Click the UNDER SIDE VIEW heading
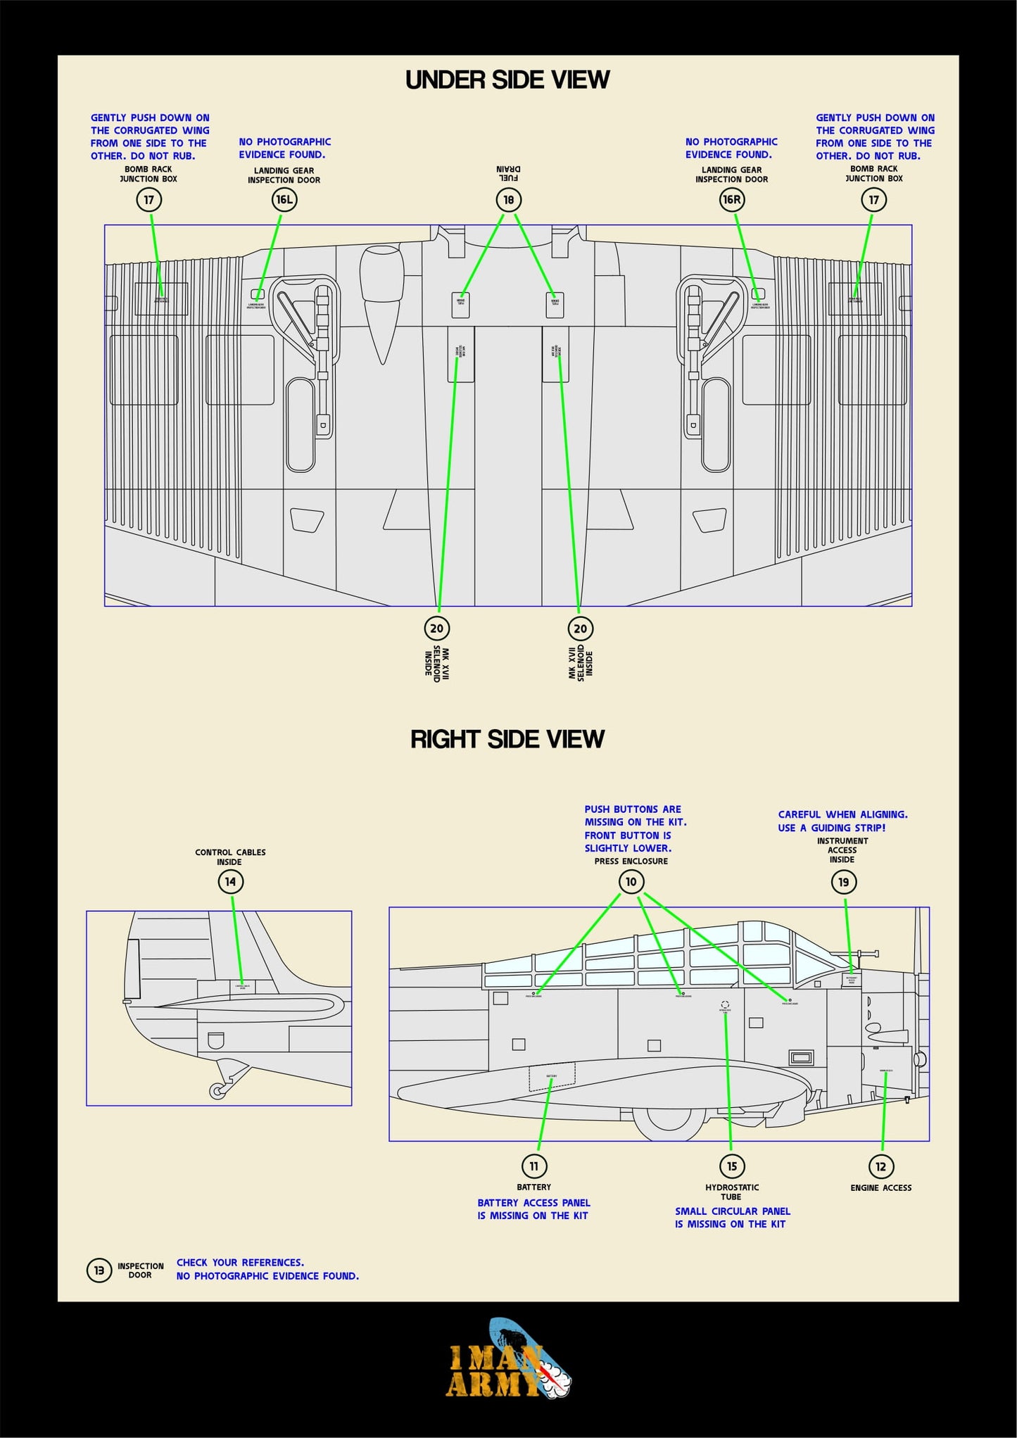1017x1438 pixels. click(x=507, y=80)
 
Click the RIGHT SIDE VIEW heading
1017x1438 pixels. click(x=507, y=739)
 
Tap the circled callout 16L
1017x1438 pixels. click(x=284, y=200)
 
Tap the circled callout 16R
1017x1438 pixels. click(x=732, y=200)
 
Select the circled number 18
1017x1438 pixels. click(x=508, y=200)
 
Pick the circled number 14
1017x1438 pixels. click(x=230, y=882)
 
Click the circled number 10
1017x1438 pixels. click(x=631, y=882)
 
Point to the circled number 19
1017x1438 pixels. click(x=843, y=882)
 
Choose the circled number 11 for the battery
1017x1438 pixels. click(x=533, y=1166)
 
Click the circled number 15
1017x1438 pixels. click(x=732, y=1166)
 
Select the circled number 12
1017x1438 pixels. click(x=880, y=1166)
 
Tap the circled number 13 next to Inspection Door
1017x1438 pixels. click(x=99, y=1270)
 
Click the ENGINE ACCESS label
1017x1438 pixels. click(x=880, y=1188)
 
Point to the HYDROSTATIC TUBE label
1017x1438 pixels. click(x=732, y=1192)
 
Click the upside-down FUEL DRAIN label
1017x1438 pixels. click(x=508, y=173)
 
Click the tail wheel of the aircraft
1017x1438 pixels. click(x=216, y=1091)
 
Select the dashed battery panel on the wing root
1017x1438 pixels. click(x=552, y=1077)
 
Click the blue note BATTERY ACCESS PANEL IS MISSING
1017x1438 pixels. click(x=533, y=1209)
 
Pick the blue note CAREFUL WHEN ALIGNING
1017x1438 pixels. click(x=842, y=821)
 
